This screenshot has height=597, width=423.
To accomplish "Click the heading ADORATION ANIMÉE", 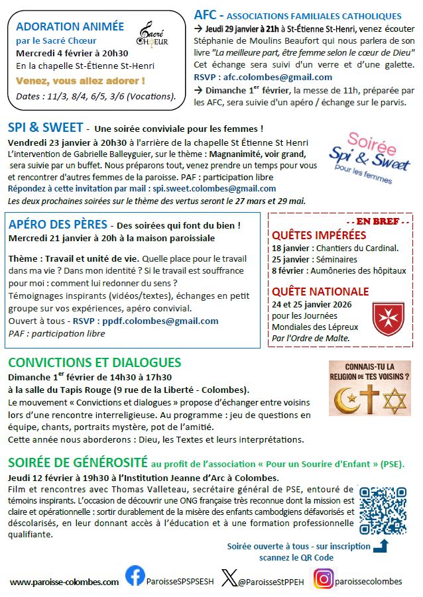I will pyautogui.click(x=70, y=27).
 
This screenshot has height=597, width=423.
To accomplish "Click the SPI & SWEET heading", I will pyautogui.click(x=46, y=127).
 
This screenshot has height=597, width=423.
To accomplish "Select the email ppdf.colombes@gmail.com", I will pyautogui.click(x=160, y=321).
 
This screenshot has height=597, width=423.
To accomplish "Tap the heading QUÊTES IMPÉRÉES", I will pyautogui.click(x=319, y=235).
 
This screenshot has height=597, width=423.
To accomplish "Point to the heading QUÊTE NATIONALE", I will pyautogui.click(x=320, y=291).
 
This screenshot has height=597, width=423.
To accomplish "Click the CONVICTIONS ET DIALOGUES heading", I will pyautogui.click(x=94, y=362).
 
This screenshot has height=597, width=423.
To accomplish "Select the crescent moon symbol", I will pyautogui.click(x=345, y=401).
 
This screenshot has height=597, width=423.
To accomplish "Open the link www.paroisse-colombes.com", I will pyautogui.click(x=64, y=581).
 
